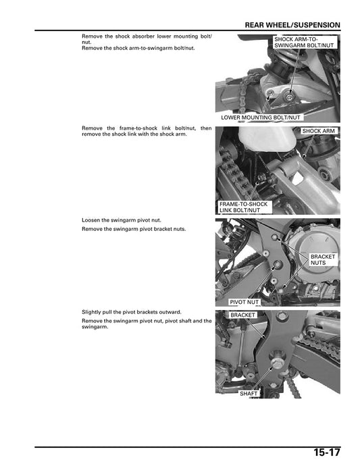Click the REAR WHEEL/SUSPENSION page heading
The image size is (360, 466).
pyautogui.click(x=292, y=25)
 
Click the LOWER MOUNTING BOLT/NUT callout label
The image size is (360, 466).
pyautogui.click(x=260, y=118)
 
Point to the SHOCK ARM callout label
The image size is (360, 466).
pyautogui.click(x=319, y=130)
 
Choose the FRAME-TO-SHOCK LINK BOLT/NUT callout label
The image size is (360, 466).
pyautogui.click(x=243, y=207)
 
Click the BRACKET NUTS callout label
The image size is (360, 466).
pyautogui.click(x=322, y=261)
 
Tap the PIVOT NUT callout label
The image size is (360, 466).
pyautogui.click(x=244, y=303)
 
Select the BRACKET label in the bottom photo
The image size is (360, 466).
pyautogui.click(x=242, y=315)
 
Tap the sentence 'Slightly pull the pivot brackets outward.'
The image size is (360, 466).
pyautogui.click(x=131, y=312)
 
